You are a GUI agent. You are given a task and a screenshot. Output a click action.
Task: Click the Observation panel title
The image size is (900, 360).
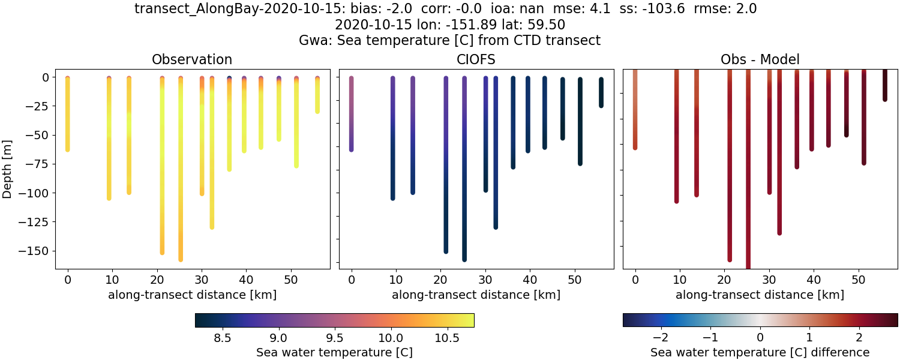pyautogui.click(x=192, y=59)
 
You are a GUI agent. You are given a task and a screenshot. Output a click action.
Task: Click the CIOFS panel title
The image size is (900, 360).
pyautogui.click(x=476, y=59)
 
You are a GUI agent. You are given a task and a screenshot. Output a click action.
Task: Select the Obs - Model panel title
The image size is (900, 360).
pyautogui.click(x=760, y=59)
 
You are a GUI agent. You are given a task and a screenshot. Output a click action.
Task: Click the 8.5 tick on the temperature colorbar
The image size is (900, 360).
pyautogui.click(x=223, y=337)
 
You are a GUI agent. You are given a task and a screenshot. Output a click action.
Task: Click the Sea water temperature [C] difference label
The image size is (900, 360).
pyautogui.click(x=760, y=352)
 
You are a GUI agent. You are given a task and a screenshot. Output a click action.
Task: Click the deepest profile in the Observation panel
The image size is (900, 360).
pyautogui.click(x=181, y=180)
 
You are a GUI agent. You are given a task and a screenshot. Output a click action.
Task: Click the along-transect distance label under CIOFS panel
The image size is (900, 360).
pyautogui.click(x=476, y=295)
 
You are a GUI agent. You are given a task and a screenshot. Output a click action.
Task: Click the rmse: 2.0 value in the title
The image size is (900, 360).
pyautogui.click(x=730, y=9)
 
